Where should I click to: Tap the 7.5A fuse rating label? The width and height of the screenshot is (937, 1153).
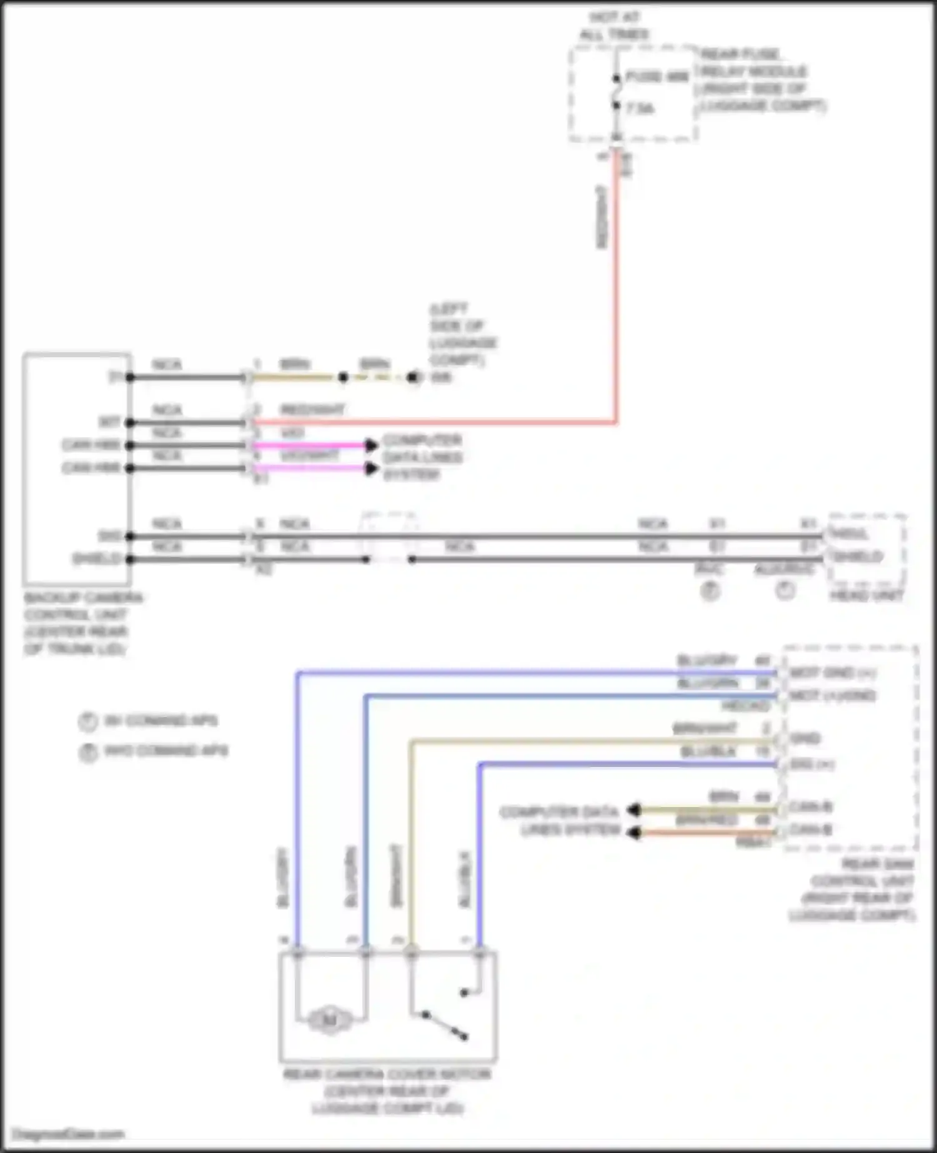coord(641,109)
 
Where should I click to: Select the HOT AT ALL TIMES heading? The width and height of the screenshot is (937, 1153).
coord(615,26)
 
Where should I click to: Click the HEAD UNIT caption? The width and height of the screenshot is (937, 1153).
coord(866,596)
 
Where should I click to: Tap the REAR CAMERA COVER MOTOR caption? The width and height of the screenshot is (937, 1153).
coord(387,1091)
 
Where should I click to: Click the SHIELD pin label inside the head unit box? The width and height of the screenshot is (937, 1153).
coord(860,556)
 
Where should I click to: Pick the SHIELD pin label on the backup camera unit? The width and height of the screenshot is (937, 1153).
coord(97,558)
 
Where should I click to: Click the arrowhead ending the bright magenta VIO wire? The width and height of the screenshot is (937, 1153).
coord(372,445)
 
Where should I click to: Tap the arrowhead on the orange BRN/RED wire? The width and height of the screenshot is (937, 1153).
coord(633,833)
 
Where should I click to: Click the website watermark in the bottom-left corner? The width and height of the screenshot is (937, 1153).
coord(69,1134)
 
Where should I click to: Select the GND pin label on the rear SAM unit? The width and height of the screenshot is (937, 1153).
coord(805,739)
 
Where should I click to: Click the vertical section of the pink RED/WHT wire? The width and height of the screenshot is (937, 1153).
coord(617,287)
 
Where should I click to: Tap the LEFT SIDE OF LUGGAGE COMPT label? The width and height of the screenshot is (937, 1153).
coord(462,334)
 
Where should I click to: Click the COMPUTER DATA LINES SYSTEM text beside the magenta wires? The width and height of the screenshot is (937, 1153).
coord(422,457)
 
